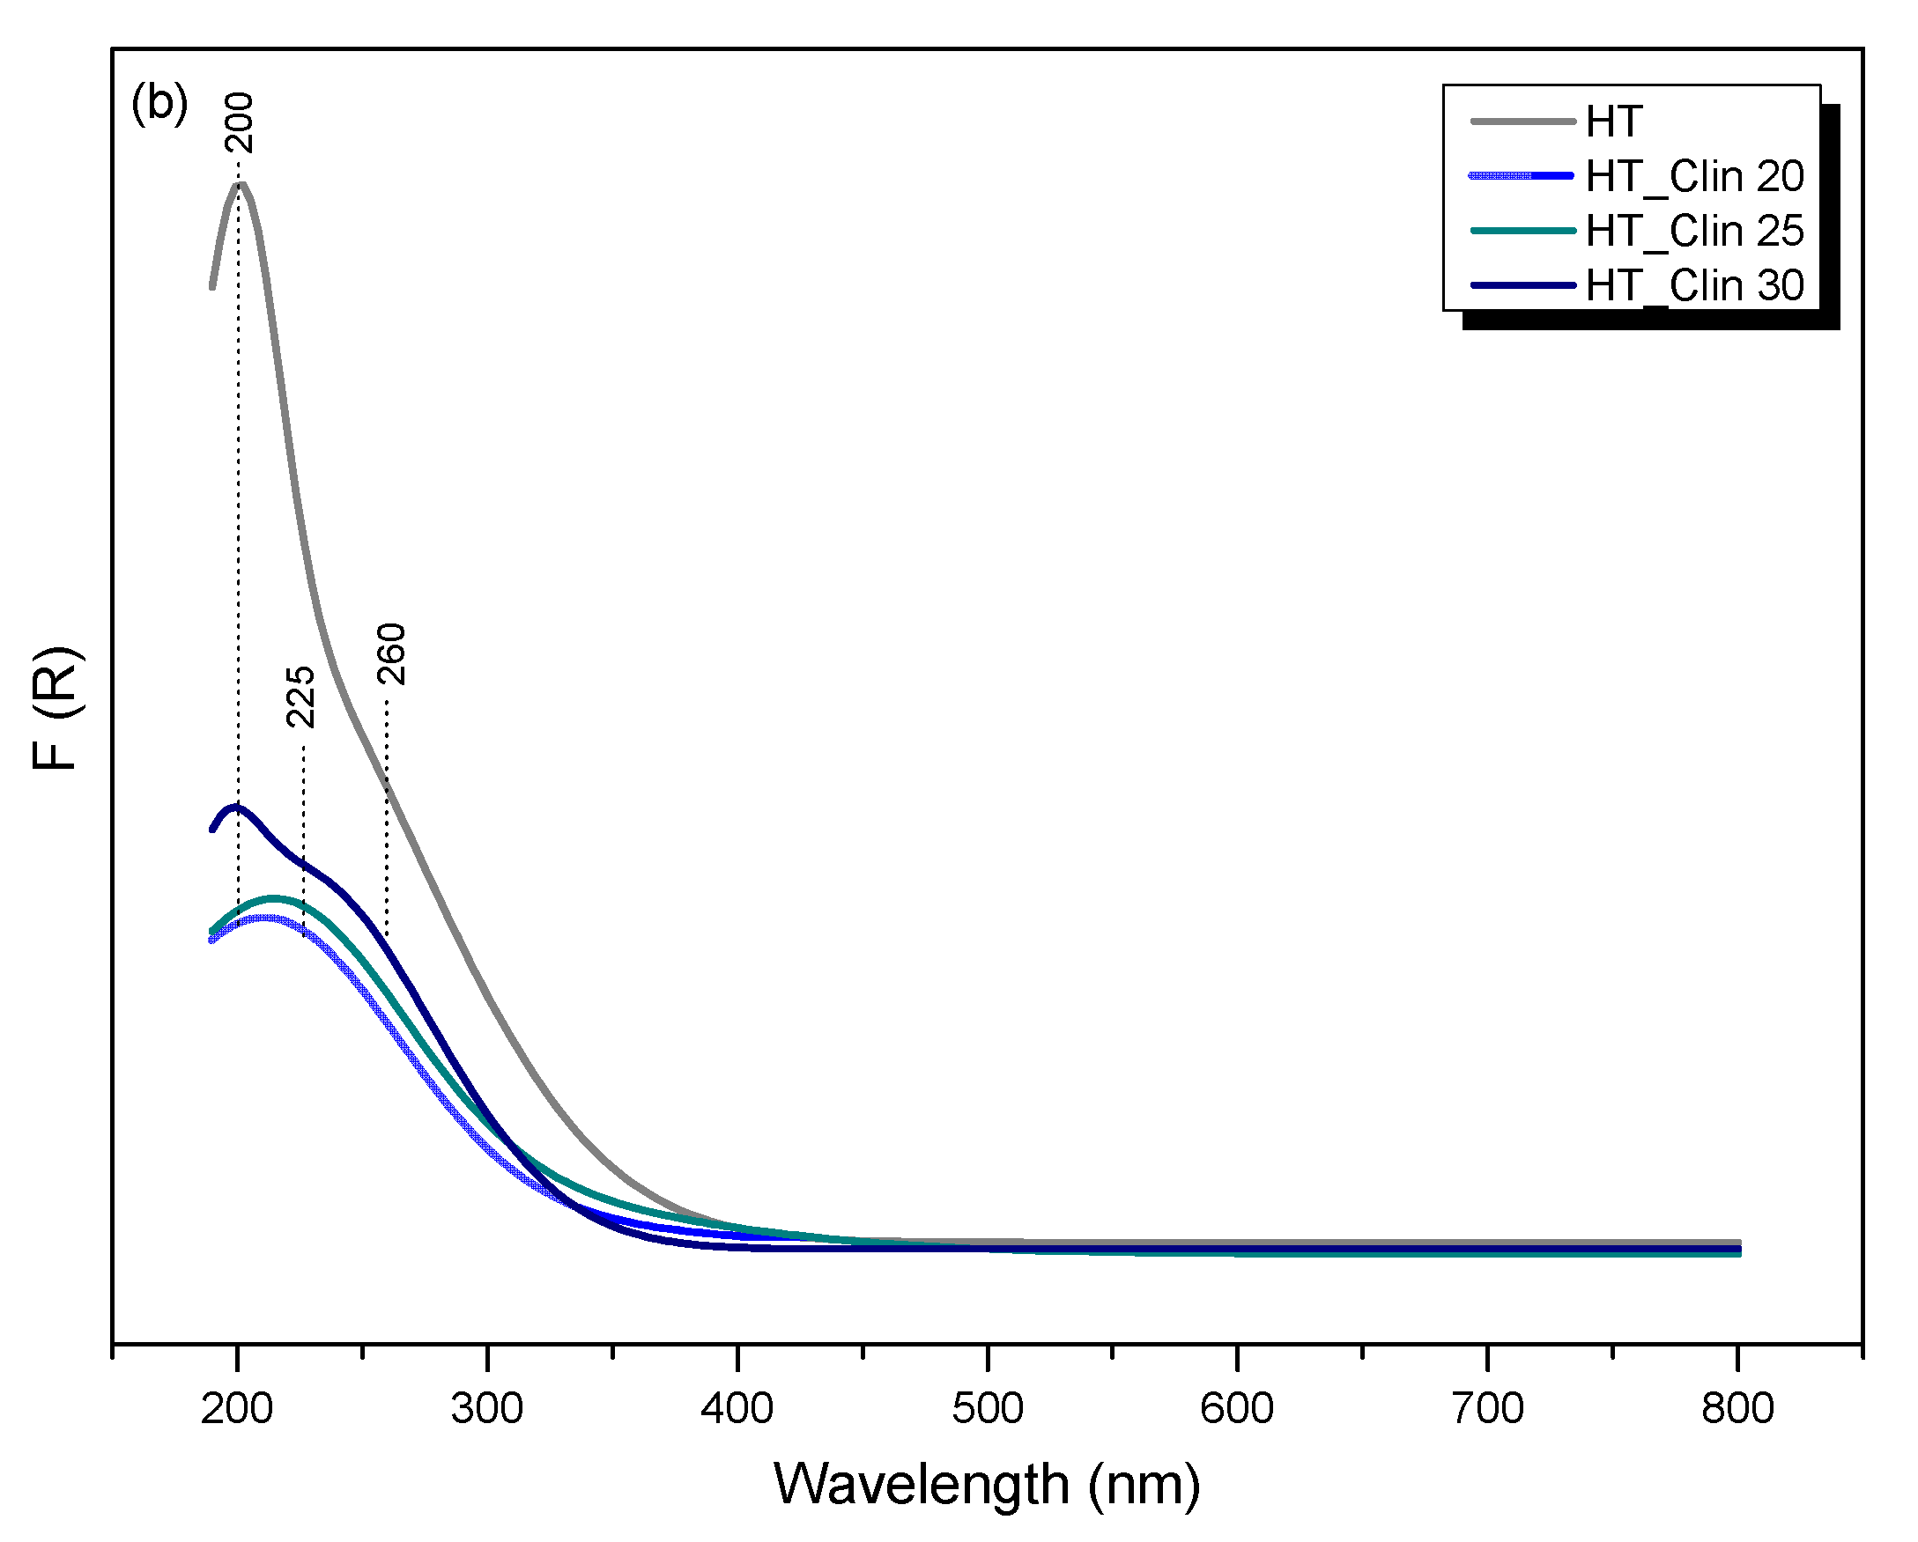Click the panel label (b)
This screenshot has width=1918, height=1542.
tap(159, 104)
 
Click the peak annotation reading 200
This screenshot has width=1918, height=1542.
tap(240, 122)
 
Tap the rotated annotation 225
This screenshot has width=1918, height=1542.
tap(300, 697)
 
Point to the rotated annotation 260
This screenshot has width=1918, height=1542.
tap(391, 653)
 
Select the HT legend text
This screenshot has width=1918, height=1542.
tap(1613, 122)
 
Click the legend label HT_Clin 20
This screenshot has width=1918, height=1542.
tap(1694, 176)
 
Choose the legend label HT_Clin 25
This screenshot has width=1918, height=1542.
tap(1694, 232)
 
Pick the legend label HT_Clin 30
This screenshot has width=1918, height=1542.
tap(1694, 285)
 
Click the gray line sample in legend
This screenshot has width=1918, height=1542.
tap(1522, 121)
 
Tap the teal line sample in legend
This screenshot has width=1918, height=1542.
tap(1522, 232)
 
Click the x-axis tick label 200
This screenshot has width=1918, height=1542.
tap(237, 1409)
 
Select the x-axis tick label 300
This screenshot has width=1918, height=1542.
tap(486, 1409)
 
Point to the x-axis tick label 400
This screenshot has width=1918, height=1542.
tap(737, 1409)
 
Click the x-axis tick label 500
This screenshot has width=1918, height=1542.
tap(988, 1409)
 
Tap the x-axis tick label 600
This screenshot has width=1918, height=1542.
tap(1237, 1409)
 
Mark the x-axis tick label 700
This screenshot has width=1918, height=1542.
tap(1487, 1409)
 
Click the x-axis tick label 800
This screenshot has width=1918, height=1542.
tap(1737, 1409)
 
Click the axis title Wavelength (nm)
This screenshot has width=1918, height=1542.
tap(987, 1484)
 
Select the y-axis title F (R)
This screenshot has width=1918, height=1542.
tap(57, 708)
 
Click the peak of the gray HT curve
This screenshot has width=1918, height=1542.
tap(239, 184)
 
